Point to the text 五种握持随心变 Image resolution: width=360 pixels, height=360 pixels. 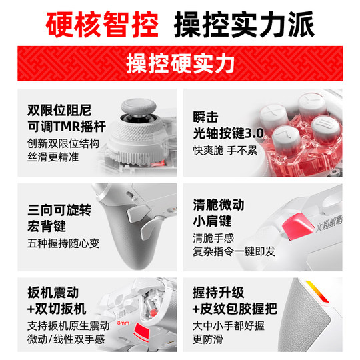pos(64,243)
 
